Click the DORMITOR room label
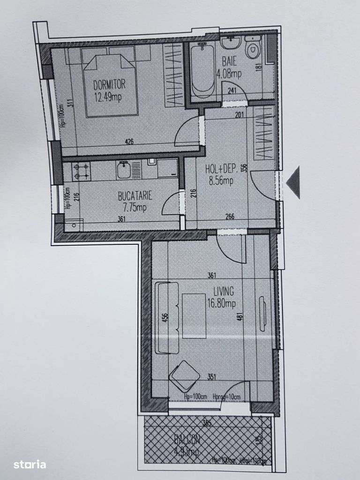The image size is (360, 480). pos(109,85)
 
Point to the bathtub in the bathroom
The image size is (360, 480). pos(202,70)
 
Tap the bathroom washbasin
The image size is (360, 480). pos(230,44)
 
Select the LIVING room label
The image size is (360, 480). pos(223,292)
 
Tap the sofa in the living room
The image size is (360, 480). pos(166,317)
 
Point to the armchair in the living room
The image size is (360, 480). pos(184,375)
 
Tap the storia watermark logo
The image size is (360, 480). pos(29,465)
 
